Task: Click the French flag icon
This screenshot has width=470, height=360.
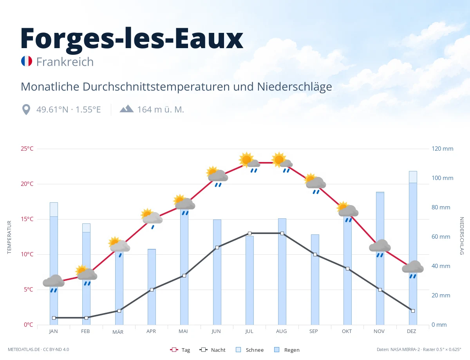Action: pos(27,61)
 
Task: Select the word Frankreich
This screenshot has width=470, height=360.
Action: pos(65,62)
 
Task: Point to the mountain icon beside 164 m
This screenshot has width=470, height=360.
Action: pos(127,109)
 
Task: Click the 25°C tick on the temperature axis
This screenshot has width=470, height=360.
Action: pos(27,149)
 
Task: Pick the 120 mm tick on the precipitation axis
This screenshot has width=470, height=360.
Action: pos(442,149)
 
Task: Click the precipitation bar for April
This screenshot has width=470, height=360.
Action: pos(152,287)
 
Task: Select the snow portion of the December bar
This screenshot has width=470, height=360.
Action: pos(413,177)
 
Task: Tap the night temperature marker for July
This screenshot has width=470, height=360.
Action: pos(249,233)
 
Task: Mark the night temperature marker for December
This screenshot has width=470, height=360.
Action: pos(413,311)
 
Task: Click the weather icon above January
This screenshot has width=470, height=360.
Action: pos(54,283)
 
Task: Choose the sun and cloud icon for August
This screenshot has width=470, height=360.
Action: pos(282,162)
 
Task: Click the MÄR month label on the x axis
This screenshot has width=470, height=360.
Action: pos(118,332)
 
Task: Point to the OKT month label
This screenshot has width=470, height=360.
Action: pos(347,331)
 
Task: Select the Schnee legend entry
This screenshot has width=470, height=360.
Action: pos(249,350)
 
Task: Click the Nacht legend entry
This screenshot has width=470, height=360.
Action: pos(212,350)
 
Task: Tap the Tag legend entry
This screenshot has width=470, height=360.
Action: pos(180,350)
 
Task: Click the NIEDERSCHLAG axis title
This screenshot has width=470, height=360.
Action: pos(461,236)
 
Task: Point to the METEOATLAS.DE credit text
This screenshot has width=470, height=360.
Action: pos(24,349)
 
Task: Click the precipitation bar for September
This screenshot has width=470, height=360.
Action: pos(315,280)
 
